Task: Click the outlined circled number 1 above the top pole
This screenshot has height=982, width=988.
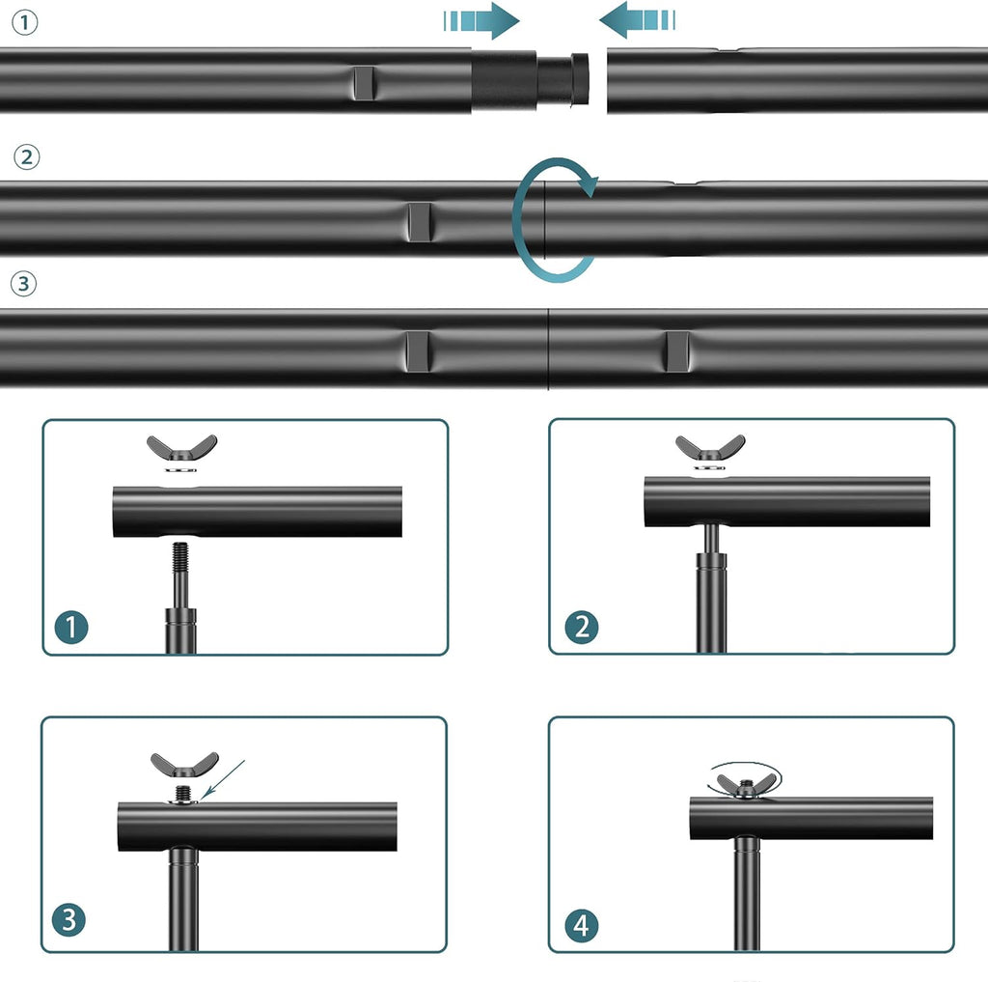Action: [x=24, y=23]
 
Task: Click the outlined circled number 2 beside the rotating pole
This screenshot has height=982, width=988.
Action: [x=26, y=157]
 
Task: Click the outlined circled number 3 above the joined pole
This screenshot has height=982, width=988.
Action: [x=24, y=284]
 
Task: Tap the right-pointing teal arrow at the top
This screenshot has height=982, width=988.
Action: [x=480, y=21]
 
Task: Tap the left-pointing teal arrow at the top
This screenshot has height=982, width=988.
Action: [x=637, y=20]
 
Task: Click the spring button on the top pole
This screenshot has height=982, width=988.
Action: [x=363, y=83]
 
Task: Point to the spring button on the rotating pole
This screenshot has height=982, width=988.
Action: [x=419, y=222]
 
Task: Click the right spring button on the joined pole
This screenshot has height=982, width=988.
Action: [x=676, y=351]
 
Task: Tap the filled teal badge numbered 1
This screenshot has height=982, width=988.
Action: [x=71, y=627]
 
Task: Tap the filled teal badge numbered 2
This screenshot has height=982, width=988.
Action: [x=582, y=627]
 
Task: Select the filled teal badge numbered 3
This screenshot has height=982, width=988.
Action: [x=69, y=919]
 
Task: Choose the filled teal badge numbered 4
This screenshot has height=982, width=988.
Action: [x=581, y=926]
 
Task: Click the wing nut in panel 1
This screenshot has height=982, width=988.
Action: [x=182, y=448]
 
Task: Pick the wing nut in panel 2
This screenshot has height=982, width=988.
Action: [x=710, y=447]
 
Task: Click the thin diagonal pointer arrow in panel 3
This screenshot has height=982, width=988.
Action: [x=223, y=779]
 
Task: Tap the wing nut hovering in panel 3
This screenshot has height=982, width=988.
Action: [x=184, y=765]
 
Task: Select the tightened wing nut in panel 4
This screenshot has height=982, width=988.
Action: [x=746, y=785]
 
